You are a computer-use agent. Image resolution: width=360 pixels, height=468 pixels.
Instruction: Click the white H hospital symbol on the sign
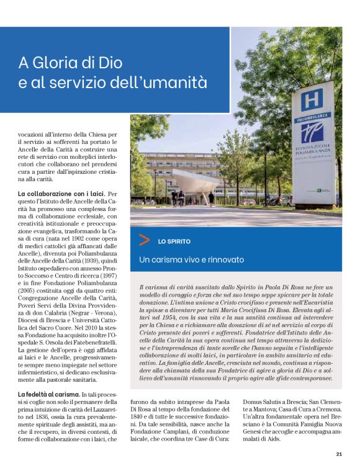pyautogui.click(x=313, y=99)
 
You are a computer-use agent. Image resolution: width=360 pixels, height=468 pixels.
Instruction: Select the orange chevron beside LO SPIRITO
pyautogui.click(x=145, y=240)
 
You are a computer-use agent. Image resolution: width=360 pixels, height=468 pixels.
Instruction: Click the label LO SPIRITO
pyautogui.click(x=174, y=241)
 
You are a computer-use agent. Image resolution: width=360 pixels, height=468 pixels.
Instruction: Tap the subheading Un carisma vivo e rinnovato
pyautogui.click(x=191, y=259)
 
